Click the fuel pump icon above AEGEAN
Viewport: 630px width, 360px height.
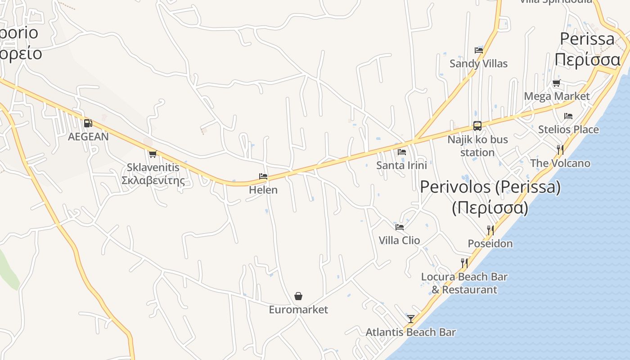pyautogui.click(x=88, y=123)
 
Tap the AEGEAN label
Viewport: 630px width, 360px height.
pyautogui.click(x=88, y=137)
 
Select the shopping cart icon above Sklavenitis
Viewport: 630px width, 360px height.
pyautogui.click(x=153, y=154)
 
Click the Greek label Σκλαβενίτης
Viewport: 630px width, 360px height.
pyautogui.click(x=153, y=181)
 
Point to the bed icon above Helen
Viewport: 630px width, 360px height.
pyautogui.click(x=263, y=176)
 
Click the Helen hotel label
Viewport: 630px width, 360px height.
pyautogui.click(x=263, y=190)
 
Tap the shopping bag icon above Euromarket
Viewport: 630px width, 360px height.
pyautogui.click(x=298, y=296)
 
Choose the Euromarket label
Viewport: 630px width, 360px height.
pyautogui.click(x=298, y=310)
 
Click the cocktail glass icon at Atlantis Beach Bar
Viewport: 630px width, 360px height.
pyautogui.click(x=410, y=319)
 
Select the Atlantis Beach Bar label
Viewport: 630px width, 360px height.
pyautogui.click(x=410, y=333)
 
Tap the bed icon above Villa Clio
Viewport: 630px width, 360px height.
pyautogui.click(x=400, y=227)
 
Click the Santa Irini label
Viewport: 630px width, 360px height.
pyautogui.click(x=401, y=165)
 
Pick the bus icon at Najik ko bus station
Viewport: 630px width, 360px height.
pyautogui.click(x=477, y=126)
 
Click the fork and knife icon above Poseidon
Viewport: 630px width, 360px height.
pyautogui.click(x=490, y=230)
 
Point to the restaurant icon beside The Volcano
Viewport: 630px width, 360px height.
pyautogui.click(x=560, y=149)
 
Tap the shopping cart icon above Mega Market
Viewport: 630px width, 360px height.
pyautogui.click(x=557, y=83)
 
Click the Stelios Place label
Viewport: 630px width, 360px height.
pyautogui.click(x=568, y=130)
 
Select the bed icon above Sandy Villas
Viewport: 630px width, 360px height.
pyautogui.click(x=478, y=50)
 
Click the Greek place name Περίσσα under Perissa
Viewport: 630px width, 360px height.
pyautogui.click(x=587, y=60)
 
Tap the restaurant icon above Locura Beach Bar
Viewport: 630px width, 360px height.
pyautogui.click(x=464, y=263)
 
